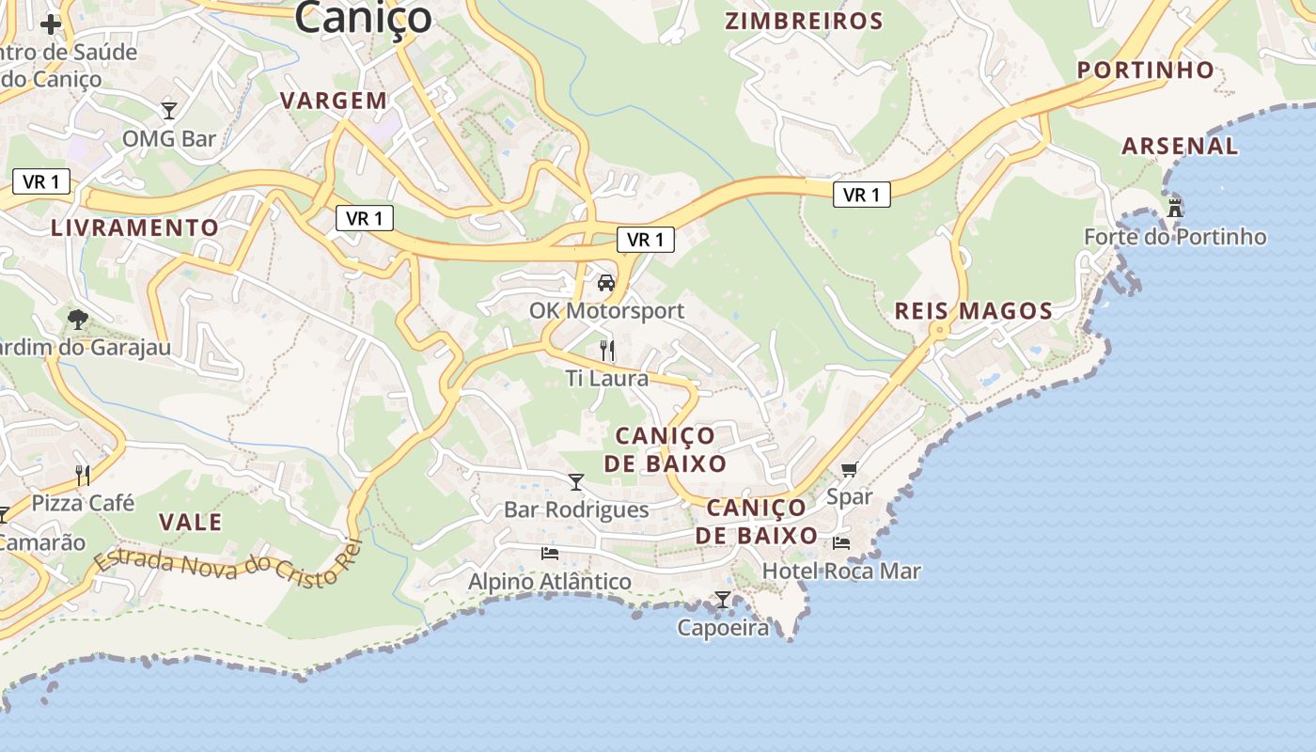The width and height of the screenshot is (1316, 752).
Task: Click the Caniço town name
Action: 363,17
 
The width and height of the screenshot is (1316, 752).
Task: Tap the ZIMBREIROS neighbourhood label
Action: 805,22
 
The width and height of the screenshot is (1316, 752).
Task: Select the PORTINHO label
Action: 1146,70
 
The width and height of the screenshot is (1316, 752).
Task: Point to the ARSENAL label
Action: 1180,146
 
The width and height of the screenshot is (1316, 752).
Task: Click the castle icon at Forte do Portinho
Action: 1175,207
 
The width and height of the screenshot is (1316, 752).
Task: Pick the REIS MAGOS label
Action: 973,311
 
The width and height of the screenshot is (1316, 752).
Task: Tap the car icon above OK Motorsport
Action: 606,282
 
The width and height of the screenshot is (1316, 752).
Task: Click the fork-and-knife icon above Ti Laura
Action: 607,351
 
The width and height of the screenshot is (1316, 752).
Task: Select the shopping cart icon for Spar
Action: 850,469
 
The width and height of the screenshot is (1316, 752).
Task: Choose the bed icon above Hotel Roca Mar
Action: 841,542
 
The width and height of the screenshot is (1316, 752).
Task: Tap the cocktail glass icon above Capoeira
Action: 722,599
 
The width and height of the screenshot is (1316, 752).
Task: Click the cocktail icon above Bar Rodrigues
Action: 576,482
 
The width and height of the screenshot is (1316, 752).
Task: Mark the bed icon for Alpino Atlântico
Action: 550,554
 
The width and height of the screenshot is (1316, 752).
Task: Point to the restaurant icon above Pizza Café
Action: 83,475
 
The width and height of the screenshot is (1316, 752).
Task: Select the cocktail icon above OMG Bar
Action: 169,111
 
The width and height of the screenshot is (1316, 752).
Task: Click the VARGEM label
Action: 334,101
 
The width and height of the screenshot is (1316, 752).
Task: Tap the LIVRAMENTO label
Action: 134,227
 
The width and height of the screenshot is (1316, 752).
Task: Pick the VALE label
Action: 190,523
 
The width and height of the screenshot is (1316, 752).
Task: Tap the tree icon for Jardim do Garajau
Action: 78,320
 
